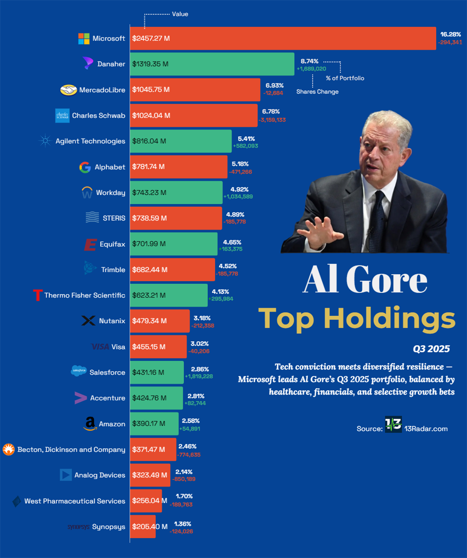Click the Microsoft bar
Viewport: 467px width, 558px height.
283,38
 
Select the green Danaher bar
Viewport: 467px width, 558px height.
212,64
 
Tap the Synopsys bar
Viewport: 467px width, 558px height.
143,526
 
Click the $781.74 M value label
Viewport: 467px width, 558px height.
148,167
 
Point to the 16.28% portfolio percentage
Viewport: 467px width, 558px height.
451,34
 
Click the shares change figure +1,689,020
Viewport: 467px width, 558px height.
311,69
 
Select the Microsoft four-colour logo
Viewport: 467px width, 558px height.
84,38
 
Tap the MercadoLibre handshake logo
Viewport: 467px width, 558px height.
68,90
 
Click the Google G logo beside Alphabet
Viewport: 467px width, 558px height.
85,167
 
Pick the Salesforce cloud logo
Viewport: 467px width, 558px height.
79,371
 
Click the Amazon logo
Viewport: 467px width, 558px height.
90,423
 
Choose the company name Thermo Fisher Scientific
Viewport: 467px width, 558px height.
85,295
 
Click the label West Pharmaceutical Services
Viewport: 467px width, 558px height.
75,501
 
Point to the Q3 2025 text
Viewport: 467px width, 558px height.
431,349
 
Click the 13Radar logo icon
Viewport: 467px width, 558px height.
393,424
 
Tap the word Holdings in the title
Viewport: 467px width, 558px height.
389,319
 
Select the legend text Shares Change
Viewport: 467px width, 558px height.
317,92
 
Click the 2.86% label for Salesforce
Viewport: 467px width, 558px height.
200,369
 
